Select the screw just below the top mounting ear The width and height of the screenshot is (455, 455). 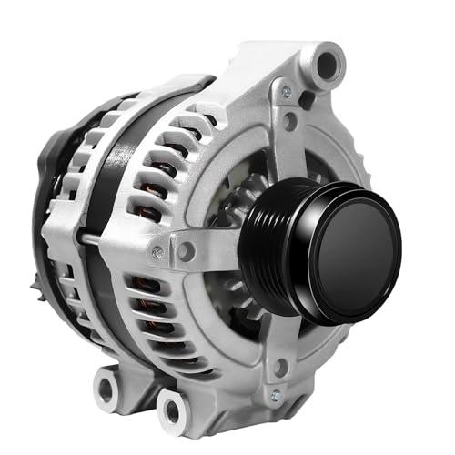click(x=287, y=93)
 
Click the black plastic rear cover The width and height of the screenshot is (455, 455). click(x=45, y=200)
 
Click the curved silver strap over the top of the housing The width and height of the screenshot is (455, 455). click(x=182, y=91)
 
